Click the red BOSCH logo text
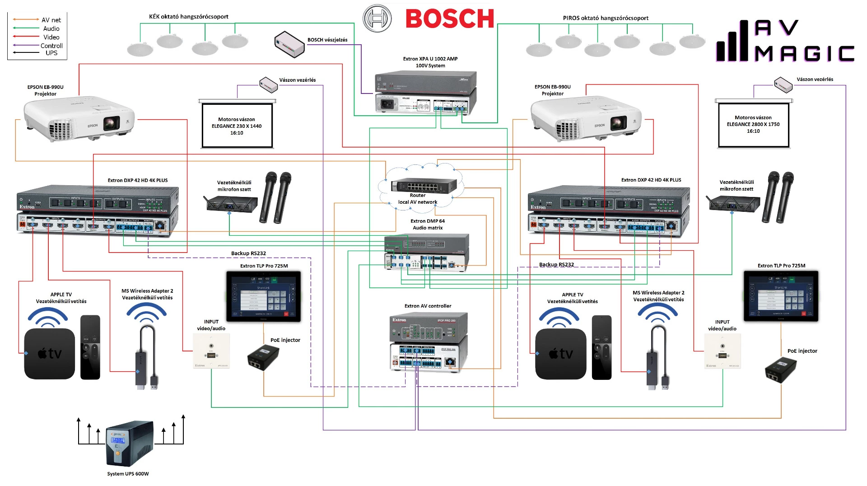pyautogui.click(x=449, y=19)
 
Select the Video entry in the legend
pyautogui.click(x=51, y=37)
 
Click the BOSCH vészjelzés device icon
pyautogui.click(x=289, y=44)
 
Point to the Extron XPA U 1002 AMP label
pyautogui.click(x=430, y=62)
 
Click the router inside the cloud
pyautogui.click(x=424, y=185)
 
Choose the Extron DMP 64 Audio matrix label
pyautogui.click(x=428, y=224)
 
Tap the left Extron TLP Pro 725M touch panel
pyautogui.click(x=264, y=296)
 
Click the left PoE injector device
pyautogui.click(x=263, y=357)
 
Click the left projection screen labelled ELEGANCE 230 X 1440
pyautogui.click(x=237, y=126)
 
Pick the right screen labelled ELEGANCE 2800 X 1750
pyautogui.click(x=753, y=125)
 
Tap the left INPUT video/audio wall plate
pyautogui.click(x=211, y=351)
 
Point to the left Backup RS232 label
pyautogui.click(x=248, y=253)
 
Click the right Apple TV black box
pyautogui.click(x=560, y=354)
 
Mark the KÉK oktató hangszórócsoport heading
pyautogui.click(x=189, y=17)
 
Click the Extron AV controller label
pyautogui.click(x=428, y=306)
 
